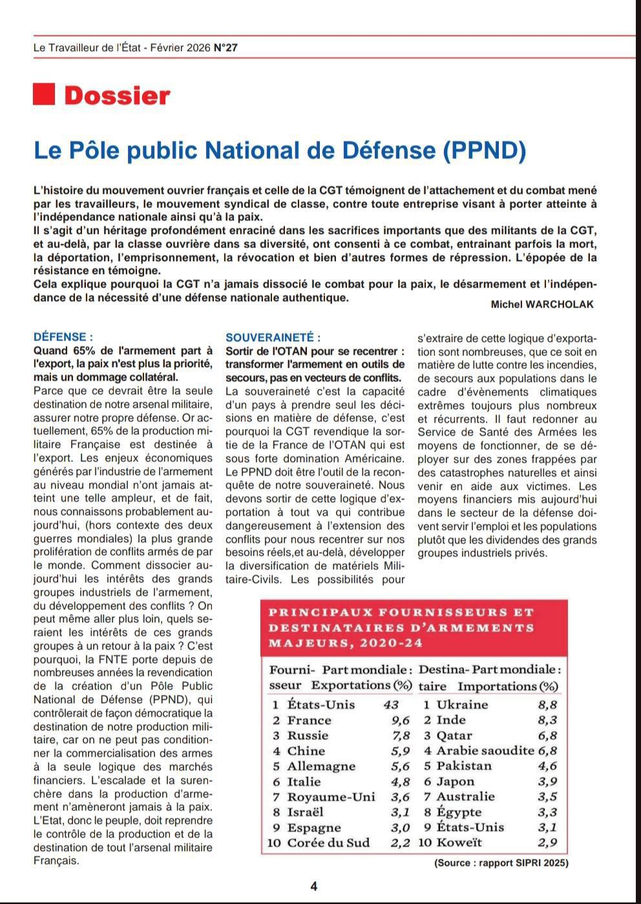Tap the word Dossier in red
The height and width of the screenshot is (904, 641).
pyautogui.click(x=117, y=96)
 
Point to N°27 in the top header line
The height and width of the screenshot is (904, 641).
pyautogui.click(x=226, y=47)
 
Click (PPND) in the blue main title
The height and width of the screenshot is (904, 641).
pyautogui.click(x=485, y=150)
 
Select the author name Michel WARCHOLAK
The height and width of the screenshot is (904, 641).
pyautogui.click(x=541, y=304)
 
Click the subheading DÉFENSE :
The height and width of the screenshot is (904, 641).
pyautogui.click(x=63, y=337)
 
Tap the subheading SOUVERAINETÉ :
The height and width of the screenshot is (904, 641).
pyautogui.click(x=273, y=337)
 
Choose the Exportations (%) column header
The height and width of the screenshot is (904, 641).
pyautogui.click(x=362, y=686)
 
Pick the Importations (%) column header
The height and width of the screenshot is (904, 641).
pyautogui.click(x=508, y=686)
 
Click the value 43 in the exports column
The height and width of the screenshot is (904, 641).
pyautogui.click(x=391, y=705)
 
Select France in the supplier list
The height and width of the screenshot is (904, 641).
pyautogui.click(x=309, y=720)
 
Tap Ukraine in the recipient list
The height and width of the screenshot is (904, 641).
pyautogui.click(x=462, y=705)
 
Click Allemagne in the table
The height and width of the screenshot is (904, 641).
pyautogui.click(x=321, y=766)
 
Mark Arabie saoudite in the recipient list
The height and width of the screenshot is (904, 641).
pyautogui.click(x=485, y=751)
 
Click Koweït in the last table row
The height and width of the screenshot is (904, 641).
pyautogui.click(x=459, y=843)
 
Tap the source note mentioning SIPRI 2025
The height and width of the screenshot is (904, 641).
pyautogui.click(x=501, y=863)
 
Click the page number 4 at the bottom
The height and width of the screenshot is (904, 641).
pyautogui.click(x=314, y=887)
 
